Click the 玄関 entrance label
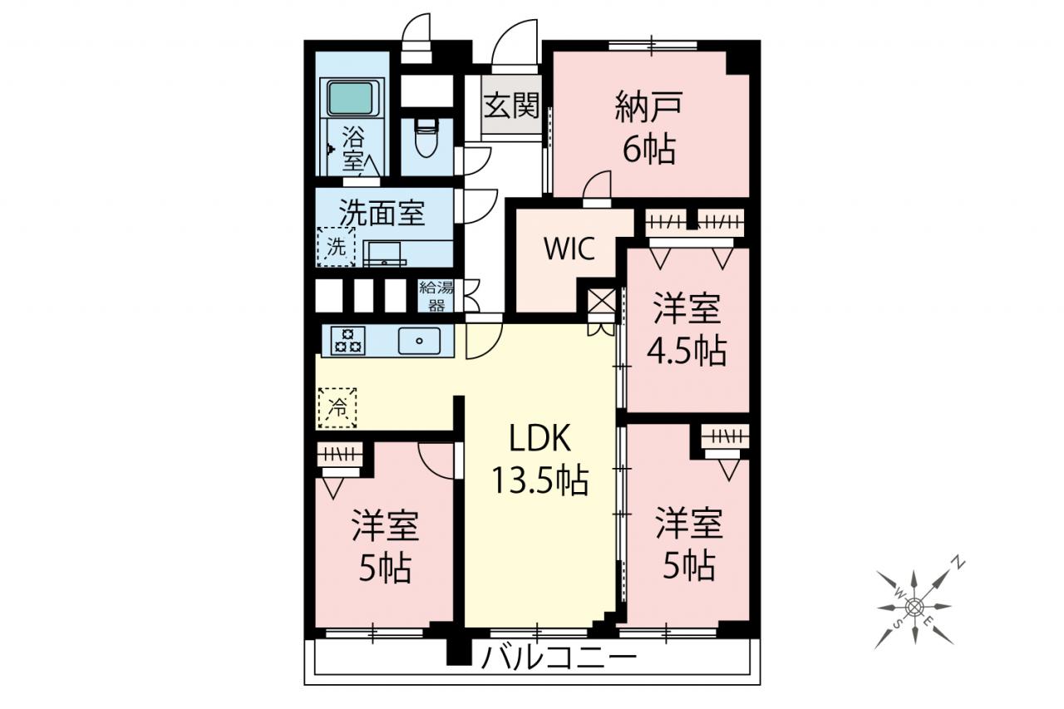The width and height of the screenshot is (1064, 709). coord(511,105)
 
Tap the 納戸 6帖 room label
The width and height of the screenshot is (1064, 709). coord(649,127)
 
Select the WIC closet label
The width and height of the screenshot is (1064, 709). coord(569,249)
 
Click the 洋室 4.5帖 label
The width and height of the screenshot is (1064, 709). coord(687,330)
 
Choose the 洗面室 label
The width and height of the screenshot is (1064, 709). coord(382,214)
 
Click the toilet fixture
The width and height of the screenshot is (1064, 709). coord(426,137)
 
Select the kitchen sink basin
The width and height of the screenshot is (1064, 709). coord(419,341)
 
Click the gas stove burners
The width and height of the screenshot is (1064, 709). coord(343,341)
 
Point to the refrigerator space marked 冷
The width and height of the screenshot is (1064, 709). coord(337,407)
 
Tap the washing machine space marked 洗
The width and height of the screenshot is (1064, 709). coord(337,247)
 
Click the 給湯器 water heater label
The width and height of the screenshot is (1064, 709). coord(436,296)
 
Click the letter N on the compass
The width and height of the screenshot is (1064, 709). coord(959,564)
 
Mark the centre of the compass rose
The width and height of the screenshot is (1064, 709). coord(914,607)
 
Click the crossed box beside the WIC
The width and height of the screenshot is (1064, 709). coord(601,301)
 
